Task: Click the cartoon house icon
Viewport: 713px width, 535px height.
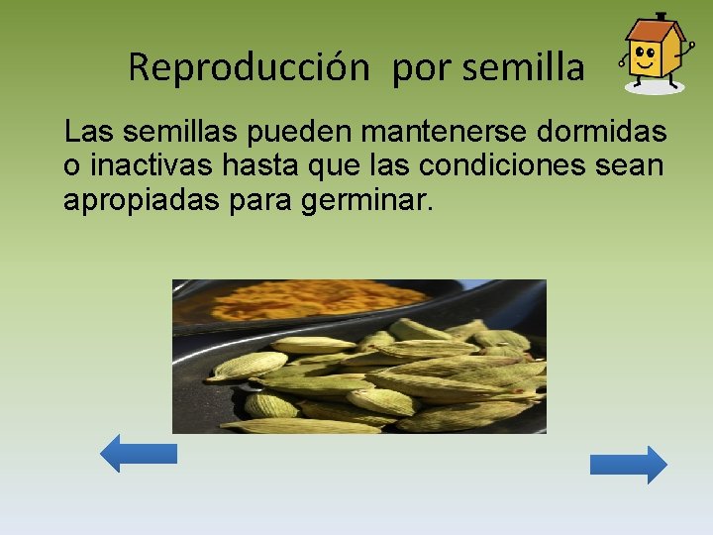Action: coord(653,53)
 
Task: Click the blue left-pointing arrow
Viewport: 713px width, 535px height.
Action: coord(139,454)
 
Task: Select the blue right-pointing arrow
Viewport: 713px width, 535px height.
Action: coord(629,465)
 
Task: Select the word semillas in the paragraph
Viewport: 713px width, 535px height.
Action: coord(179,132)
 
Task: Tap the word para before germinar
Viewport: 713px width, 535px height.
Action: coord(265,202)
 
